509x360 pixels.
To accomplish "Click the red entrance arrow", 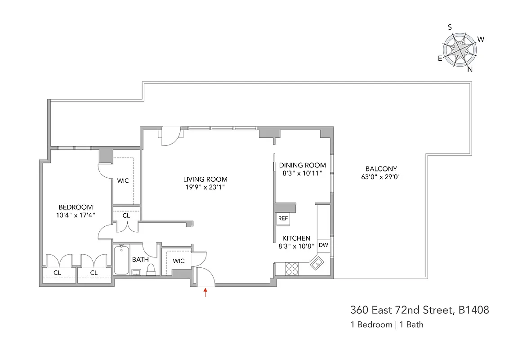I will pyautogui.click(x=205, y=293).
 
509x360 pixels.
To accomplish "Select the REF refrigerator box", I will pyautogui.click(x=283, y=218).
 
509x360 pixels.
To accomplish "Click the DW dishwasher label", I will pyautogui.click(x=323, y=245).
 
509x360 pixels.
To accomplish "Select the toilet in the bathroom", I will pyautogui.click(x=151, y=269).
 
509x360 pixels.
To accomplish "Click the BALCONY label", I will pyautogui.click(x=380, y=169).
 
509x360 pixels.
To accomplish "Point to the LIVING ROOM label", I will pyautogui.click(x=205, y=179).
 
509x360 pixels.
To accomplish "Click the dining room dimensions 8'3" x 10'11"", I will pyautogui.click(x=302, y=173).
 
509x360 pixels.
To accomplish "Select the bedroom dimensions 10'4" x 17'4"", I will pyautogui.click(x=76, y=215).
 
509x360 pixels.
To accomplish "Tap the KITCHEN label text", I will pyautogui.click(x=296, y=238).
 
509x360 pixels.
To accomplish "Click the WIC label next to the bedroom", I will pyautogui.click(x=123, y=181).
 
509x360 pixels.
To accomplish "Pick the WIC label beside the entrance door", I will pyautogui.click(x=179, y=261).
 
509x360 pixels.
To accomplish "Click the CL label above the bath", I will pyautogui.click(x=126, y=216).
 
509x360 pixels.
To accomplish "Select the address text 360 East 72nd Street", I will pyautogui.click(x=419, y=310).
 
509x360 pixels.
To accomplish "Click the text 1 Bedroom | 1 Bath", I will pyautogui.click(x=387, y=324).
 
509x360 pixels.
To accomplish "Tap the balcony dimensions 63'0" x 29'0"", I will pyautogui.click(x=380, y=177).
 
